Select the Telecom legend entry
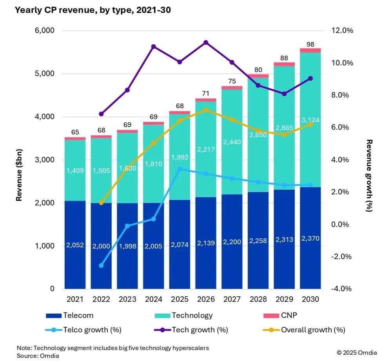point(70,315)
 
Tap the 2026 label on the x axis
point(206,299)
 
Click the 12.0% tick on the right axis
point(342,31)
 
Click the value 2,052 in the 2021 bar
point(75,245)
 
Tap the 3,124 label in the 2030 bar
point(311,120)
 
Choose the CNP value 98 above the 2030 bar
point(311,44)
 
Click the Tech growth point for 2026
point(206,42)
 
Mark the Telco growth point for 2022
point(101,265)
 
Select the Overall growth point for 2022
point(101,203)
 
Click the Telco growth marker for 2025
point(180,169)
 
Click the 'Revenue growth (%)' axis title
point(368,175)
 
